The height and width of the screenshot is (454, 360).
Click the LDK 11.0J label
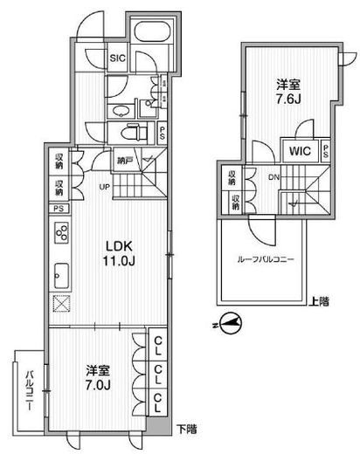[x=121, y=252]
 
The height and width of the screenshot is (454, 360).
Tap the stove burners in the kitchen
[x=63, y=233]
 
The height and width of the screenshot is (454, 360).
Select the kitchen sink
[x=62, y=271]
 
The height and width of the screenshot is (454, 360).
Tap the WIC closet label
[x=294, y=150]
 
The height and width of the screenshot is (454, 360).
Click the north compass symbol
[x=227, y=321]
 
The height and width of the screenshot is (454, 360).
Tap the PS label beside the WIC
[x=325, y=150]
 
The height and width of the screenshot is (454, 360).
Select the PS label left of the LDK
[x=58, y=210]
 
